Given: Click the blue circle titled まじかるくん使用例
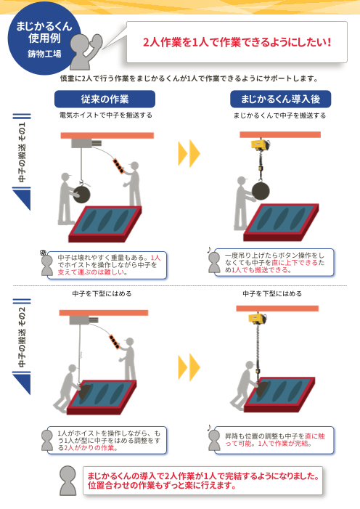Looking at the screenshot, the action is (x=44, y=38).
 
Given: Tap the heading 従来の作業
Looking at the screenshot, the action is (x=105, y=99).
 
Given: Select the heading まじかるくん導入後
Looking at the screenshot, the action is (x=280, y=99).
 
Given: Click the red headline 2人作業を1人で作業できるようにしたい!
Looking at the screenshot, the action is (x=237, y=42).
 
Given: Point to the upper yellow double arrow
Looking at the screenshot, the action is (x=189, y=153).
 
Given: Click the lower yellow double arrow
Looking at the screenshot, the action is (x=189, y=367).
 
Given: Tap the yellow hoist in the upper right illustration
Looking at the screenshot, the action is (x=261, y=144).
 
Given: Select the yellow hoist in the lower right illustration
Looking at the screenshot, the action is (x=258, y=319).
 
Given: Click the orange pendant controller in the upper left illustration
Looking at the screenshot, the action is (x=118, y=166).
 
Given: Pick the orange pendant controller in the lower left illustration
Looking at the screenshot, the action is (x=115, y=343).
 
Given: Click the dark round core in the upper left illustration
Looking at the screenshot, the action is (x=81, y=194).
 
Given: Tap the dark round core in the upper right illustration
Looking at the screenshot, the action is (x=261, y=191).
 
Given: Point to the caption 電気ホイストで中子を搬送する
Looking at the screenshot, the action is (x=105, y=115).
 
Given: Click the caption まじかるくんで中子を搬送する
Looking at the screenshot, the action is (x=279, y=115).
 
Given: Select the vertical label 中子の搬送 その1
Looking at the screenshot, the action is (x=22, y=152).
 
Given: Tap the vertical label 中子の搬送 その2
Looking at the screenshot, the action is (x=22, y=337).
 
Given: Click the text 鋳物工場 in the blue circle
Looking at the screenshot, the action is (x=44, y=54).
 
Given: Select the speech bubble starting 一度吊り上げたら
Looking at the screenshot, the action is (x=274, y=263).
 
